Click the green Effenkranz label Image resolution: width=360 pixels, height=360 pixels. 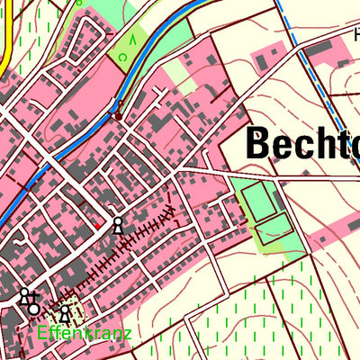point(85,334)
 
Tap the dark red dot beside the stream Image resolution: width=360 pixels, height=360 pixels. point(117,115)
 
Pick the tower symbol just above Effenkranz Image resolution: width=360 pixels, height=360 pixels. point(65,314)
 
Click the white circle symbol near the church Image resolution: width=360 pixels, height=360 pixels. point(34,310)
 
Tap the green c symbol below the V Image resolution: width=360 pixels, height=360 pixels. point(123,58)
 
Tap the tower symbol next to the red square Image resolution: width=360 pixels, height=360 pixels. point(116,225)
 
